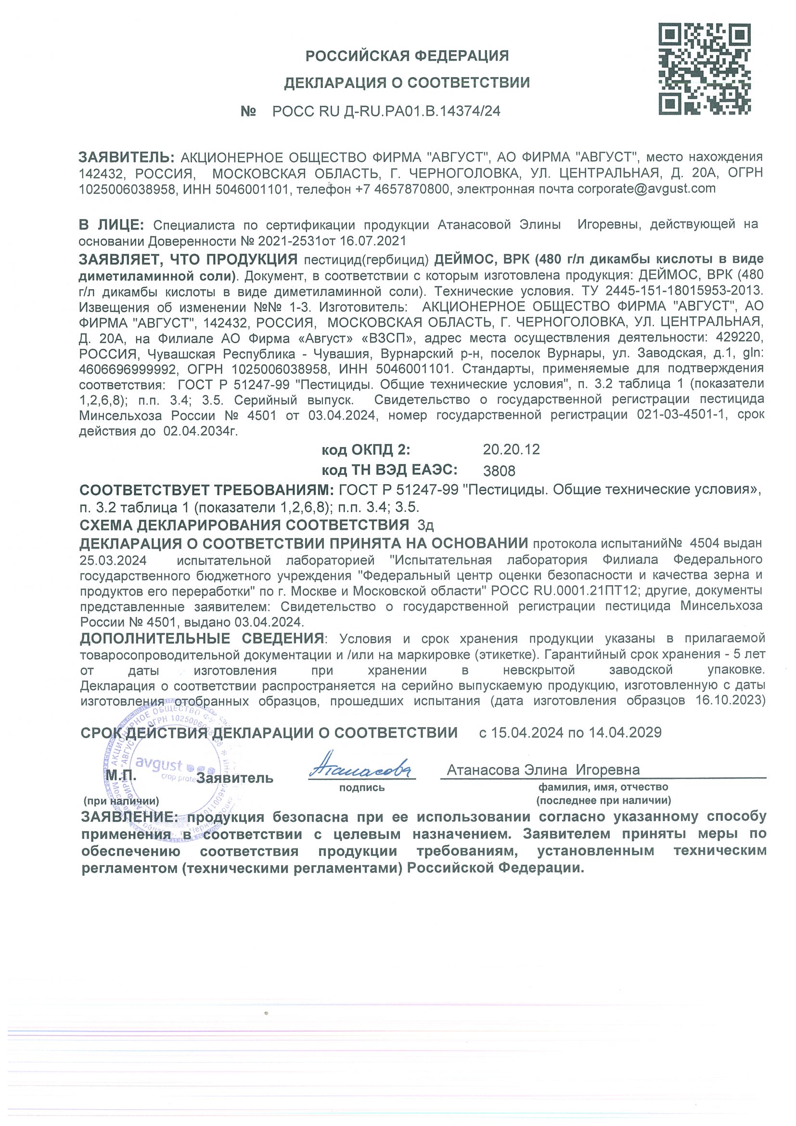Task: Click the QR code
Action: tap(704, 69)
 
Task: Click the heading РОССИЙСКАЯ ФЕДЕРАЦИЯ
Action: tap(407, 56)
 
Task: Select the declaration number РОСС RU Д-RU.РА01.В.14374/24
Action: tap(386, 111)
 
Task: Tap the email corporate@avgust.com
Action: tap(646, 189)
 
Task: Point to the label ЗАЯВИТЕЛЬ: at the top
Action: tap(126, 157)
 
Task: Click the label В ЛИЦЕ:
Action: tap(111, 225)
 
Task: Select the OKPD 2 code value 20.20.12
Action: tap(511, 449)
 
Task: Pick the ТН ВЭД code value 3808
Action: tap(499, 471)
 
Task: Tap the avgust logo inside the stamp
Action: tap(159, 765)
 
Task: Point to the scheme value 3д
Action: tap(425, 526)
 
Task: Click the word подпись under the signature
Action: tap(362, 788)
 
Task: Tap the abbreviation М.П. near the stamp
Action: tap(121, 776)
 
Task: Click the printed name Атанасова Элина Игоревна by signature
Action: tap(543, 770)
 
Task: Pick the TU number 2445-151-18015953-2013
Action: tap(683, 290)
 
